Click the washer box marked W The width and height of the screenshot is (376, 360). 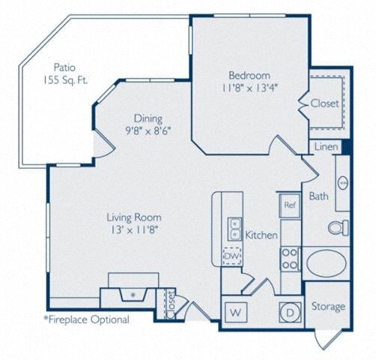[x=235, y=310]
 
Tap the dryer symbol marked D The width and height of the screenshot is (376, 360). [x=289, y=310]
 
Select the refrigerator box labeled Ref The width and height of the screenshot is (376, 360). [x=289, y=203]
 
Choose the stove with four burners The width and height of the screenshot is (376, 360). [x=289, y=259]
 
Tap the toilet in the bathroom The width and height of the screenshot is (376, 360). [x=338, y=226]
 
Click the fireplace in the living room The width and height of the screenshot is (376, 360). [x=133, y=289]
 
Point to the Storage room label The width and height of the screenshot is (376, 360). [x=328, y=306]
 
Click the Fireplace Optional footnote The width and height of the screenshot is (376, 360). [x=86, y=319]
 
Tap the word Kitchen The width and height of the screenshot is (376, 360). [x=261, y=235]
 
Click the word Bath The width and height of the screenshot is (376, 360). [x=320, y=196]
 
